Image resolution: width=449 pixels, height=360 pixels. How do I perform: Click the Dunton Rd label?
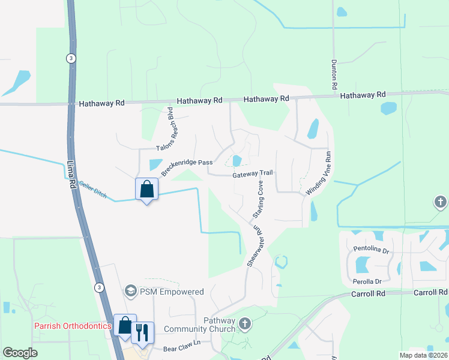click(333, 75)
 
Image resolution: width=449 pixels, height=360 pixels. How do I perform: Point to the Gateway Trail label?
click(253, 173)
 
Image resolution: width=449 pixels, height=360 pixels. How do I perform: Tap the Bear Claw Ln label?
click(181, 349)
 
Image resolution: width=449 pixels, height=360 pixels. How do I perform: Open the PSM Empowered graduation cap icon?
click(130, 292)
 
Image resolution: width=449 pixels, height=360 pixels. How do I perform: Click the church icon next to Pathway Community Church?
click(244, 325)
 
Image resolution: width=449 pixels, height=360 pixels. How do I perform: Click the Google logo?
click(20, 353)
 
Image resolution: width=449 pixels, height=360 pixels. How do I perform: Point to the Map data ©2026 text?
click(420, 355)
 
